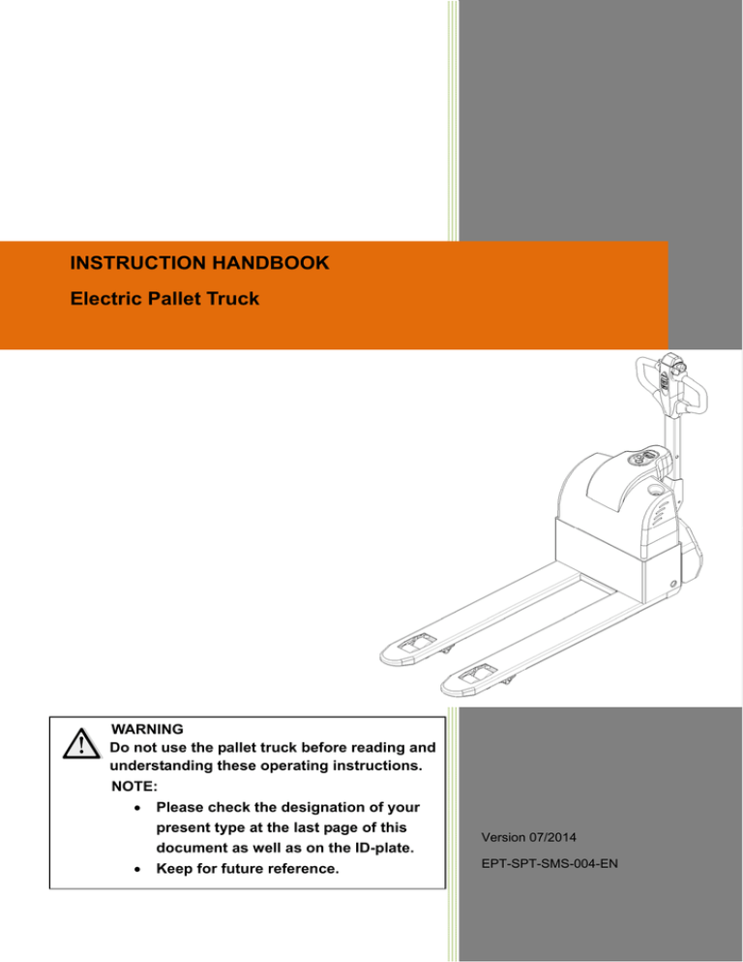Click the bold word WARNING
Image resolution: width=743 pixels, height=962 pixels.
pyautogui.click(x=149, y=728)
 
